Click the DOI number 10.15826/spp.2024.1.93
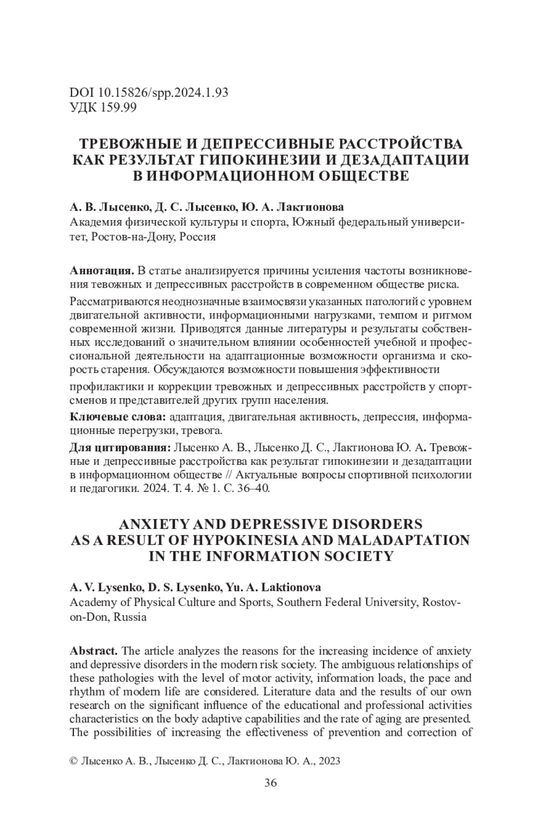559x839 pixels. [163, 93]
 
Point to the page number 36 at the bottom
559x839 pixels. [270, 783]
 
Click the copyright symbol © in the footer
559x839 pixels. [73, 761]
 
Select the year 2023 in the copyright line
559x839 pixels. [329, 761]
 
